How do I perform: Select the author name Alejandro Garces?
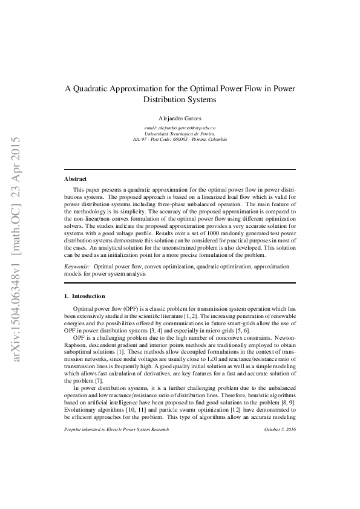click(x=180, y=118)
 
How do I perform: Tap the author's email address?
click(x=180, y=128)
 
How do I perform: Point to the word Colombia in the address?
click(x=216, y=139)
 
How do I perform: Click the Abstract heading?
click(x=75, y=179)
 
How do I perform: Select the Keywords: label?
click(x=77, y=266)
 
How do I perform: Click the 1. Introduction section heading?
click(x=85, y=296)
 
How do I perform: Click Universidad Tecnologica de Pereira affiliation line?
click(x=180, y=134)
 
